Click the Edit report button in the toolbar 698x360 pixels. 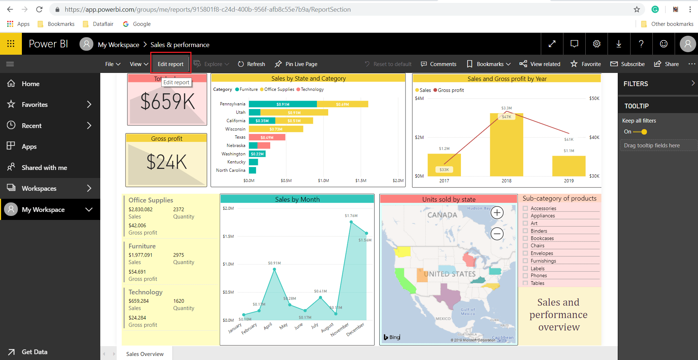pyautogui.click(x=170, y=64)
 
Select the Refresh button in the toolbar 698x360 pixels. pyautogui.click(x=251, y=64)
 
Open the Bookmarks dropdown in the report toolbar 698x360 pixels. pyautogui.click(x=489, y=64)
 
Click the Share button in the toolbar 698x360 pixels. pyautogui.click(x=667, y=64)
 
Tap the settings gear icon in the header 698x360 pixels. pyautogui.click(x=597, y=44)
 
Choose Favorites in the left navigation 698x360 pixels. pyautogui.click(x=35, y=105)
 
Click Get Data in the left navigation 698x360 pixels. pyautogui.click(x=34, y=352)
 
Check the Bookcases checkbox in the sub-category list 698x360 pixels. pyautogui.click(x=526, y=238)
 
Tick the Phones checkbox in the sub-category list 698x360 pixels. pyautogui.click(x=526, y=275)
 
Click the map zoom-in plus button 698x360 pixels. pyautogui.click(x=497, y=212)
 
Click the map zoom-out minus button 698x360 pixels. pyautogui.click(x=497, y=233)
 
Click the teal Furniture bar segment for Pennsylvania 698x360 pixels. pyautogui.click(x=283, y=104)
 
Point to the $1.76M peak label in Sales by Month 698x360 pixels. pyautogui.click(x=351, y=216)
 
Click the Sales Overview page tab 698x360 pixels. pyautogui.click(x=145, y=354)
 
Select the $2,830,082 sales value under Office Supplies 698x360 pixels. pyautogui.click(x=140, y=209)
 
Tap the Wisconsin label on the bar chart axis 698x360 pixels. pyautogui.click(x=235, y=129)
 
